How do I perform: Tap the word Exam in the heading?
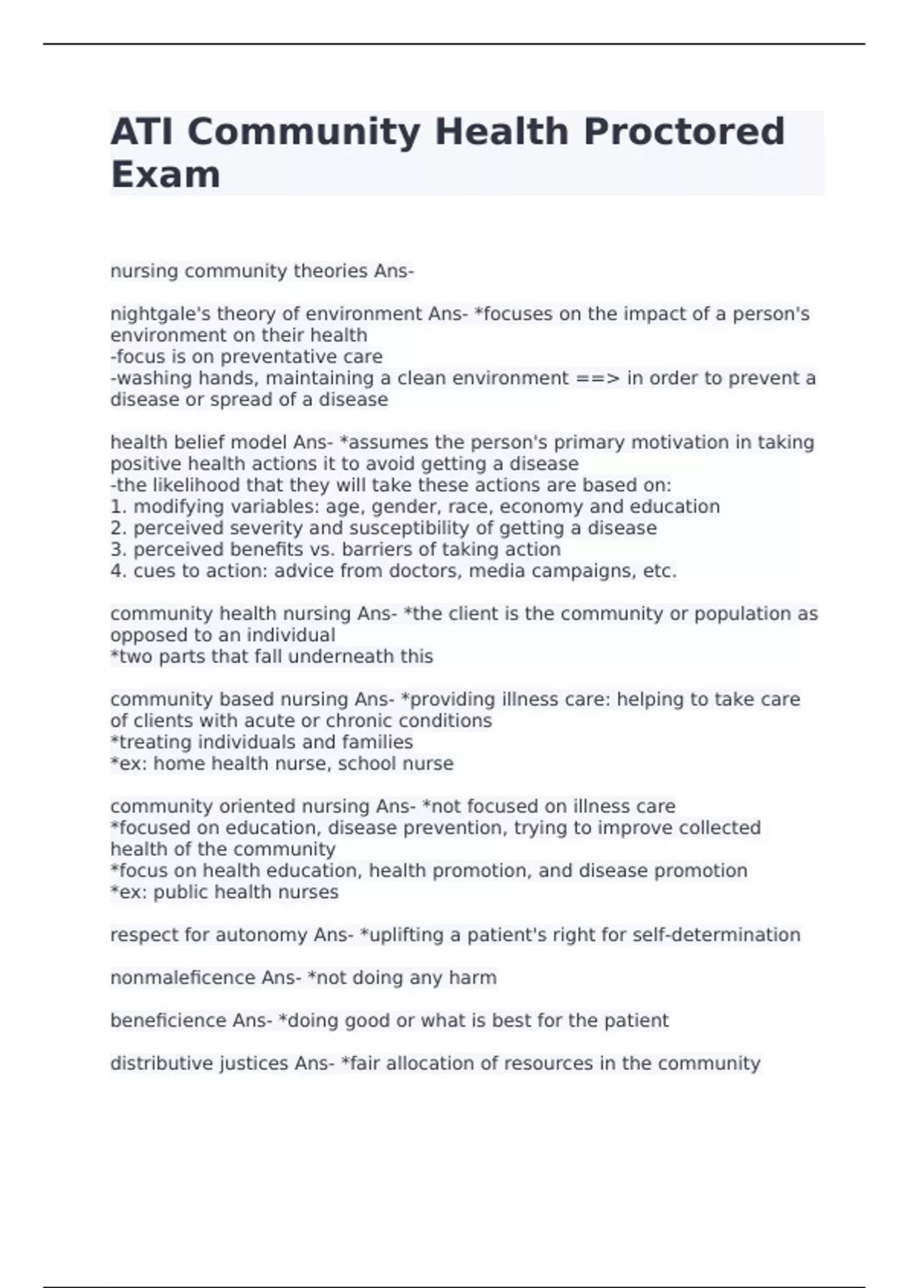[x=165, y=174]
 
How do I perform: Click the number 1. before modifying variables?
[x=119, y=507]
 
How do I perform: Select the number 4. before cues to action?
[x=119, y=571]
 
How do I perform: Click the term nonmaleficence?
[x=183, y=978]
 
